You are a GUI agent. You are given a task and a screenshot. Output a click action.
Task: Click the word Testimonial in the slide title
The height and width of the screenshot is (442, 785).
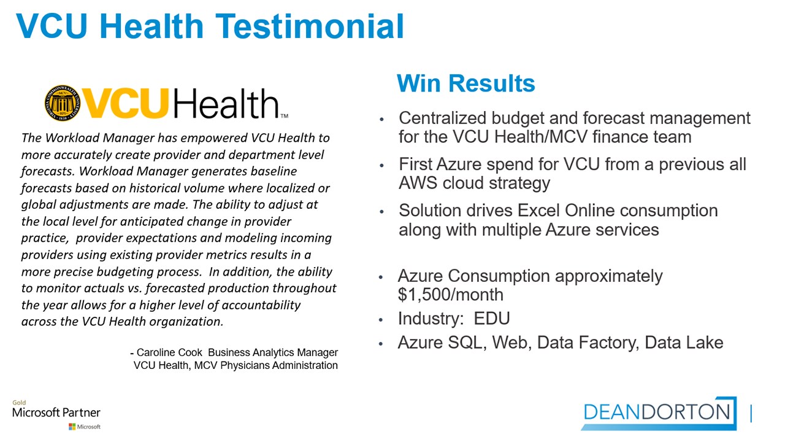[310, 26]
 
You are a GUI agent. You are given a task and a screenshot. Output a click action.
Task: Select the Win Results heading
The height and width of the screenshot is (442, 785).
[465, 83]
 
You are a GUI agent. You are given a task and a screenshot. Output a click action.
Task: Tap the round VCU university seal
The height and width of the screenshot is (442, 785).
[63, 103]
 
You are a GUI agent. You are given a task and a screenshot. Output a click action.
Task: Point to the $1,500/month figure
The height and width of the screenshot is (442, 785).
[451, 295]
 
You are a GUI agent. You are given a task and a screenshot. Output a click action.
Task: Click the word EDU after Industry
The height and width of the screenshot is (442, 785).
[492, 319]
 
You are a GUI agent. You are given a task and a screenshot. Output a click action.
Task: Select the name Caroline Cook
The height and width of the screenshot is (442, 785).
[169, 352]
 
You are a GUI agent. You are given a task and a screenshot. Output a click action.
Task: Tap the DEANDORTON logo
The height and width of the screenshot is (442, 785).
[659, 413]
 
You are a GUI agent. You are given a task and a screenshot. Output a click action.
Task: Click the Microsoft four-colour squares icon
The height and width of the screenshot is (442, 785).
[72, 427]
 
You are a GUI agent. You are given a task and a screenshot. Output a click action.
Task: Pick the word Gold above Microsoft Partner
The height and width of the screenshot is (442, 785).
[19, 402]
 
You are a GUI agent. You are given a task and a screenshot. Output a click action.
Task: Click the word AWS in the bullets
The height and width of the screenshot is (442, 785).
[418, 183]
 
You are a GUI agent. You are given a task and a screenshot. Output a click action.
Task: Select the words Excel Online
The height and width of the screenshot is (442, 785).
[566, 211]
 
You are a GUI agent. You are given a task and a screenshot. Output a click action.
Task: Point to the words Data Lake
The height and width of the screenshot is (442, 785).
[684, 343]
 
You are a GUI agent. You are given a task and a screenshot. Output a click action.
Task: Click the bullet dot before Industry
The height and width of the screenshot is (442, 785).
[381, 320]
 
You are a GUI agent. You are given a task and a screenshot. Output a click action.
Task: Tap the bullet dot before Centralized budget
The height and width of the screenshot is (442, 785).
[381, 120]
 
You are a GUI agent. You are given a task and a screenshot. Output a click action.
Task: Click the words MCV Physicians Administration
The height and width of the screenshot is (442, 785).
[266, 365]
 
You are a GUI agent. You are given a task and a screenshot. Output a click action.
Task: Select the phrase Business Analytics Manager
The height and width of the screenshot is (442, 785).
[273, 352]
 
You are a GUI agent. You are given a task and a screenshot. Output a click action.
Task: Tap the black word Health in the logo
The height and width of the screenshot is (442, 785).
[226, 103]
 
